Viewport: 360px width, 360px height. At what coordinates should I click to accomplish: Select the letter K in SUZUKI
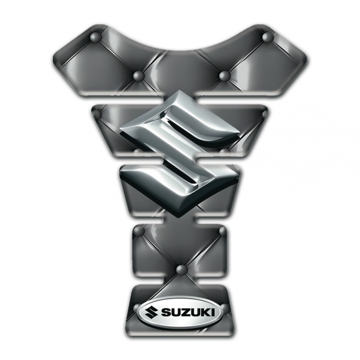coord(205,313)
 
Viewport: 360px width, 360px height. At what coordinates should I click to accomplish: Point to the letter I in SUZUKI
coord(213,313)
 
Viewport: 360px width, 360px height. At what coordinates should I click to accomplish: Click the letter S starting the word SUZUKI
coord(164,313)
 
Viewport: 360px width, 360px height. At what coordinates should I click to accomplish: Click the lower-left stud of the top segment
coord(139,76)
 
